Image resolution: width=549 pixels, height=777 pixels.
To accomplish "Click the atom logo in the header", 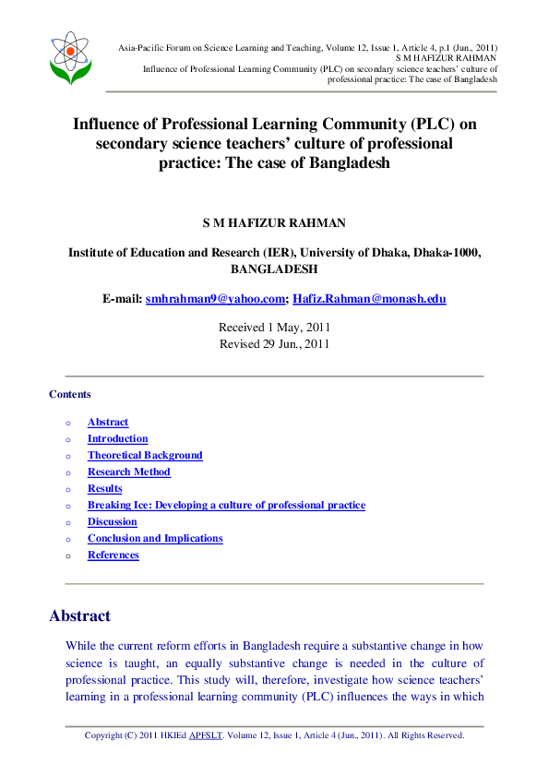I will tap(71, 56).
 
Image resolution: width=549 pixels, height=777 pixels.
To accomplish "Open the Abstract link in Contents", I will tap(108, 423).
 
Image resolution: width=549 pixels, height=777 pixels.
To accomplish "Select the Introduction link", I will tap(117, 439).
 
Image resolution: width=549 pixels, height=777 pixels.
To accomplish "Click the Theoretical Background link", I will tap(145, 456).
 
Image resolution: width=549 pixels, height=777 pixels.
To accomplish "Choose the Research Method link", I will tap(128, 472).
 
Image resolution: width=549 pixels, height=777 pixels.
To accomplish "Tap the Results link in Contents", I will tap(104, 489).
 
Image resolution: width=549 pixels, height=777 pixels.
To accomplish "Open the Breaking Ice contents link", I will tap(226, 506).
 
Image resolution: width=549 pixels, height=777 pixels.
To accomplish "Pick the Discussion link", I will tap(113, 522).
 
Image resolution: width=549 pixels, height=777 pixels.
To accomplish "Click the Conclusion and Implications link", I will tap(155, 539).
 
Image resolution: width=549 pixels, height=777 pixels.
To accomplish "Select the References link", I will tap(113, 556).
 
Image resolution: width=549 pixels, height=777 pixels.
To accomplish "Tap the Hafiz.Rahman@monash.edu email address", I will tap(369, 299).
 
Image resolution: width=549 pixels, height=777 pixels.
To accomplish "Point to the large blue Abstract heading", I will tap(79, 616).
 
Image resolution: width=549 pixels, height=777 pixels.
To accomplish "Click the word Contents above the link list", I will tap(70, 395).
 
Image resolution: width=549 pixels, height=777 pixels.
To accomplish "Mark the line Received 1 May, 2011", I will tap(274, 328).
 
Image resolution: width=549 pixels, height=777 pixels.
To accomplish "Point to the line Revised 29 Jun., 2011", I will tap(274, 344).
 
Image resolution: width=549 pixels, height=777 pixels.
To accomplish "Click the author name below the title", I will tap(274, 224).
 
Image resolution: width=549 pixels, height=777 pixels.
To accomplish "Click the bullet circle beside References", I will tap(67, 556).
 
